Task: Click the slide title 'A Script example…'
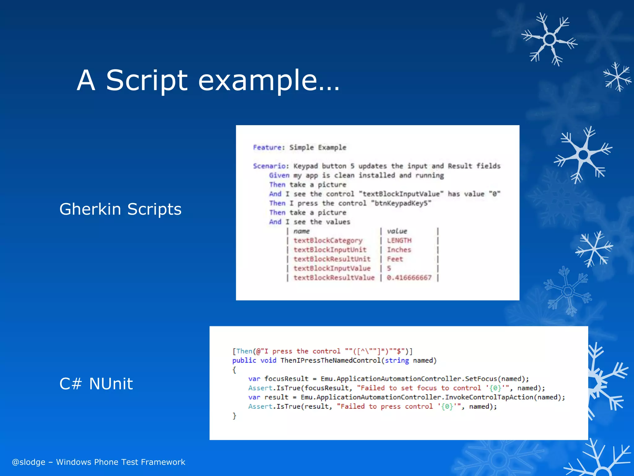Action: pos(208,81)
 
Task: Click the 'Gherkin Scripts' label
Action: pos(120,209)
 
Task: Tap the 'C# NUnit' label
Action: pos(96,384)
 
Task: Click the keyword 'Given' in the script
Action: pos(279,175)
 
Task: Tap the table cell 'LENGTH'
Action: pos(399,240)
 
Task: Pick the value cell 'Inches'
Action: pos(399,250)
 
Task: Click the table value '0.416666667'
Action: pos(409,278)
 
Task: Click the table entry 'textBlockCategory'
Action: pos(328,240)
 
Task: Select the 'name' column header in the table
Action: pos(302,231)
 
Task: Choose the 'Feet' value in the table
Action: pos(395,259)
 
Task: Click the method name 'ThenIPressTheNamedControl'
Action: pos(330,360)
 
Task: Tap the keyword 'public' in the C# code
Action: pos(244,360)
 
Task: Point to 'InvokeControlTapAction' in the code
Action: pos(489,397)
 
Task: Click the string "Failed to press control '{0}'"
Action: pos(399,407)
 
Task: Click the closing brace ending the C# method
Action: pos(234,416)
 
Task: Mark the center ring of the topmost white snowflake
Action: pos(549,39)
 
